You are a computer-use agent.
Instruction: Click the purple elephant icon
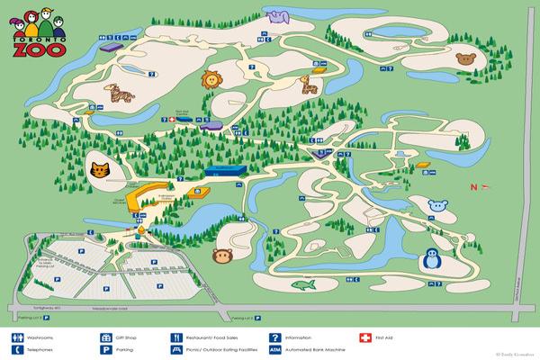click(x=278, y=14)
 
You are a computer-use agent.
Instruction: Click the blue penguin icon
click(x=434, y=261)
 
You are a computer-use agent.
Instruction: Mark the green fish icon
click(x=305, y=285)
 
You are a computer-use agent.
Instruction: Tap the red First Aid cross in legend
click(x=364, y=337)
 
